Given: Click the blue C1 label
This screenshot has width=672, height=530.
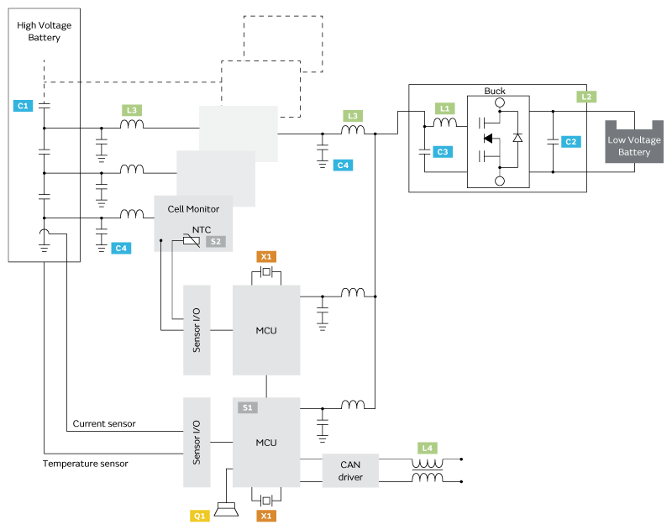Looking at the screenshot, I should pyautogui.click(x=23, y=106).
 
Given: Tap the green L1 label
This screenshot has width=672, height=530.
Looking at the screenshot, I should pyautogui.click(x=445, y=108).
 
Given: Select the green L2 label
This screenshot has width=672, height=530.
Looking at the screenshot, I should pyautogui.click(x=586, y=97).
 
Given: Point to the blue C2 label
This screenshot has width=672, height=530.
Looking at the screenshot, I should pyautogui.click(x=570, y=141).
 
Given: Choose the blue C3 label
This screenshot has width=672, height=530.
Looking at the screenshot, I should pyautogui.click(x=443, y=152).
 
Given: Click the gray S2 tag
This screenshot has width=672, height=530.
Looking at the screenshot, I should pyautogui.click(x=216, y=241).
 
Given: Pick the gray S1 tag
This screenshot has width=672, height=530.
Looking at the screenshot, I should pyautogui.click(x=247, y=407).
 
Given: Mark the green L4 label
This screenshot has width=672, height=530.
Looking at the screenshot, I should pyautogui.click(x=427, y=448).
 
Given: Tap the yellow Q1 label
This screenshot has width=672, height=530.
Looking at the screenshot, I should pyautogui.click(x=200, y=516).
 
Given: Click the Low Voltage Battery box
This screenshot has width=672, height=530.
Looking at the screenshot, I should pyautogui.click(x=634, y=145).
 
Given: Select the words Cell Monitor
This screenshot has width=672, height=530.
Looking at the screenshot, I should pyautogui.click(x=193, y=209).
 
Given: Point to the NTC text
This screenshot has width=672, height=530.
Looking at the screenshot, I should pyautogui.click(x=202, y=229).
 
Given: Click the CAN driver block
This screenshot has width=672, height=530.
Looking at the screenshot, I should pyautogui.click(x=350, y=470).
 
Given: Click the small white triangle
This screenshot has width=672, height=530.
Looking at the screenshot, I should pyautogui.click(x=517, y=138).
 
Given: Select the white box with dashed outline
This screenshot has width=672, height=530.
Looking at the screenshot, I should pyautogui.click(x=260, y=88).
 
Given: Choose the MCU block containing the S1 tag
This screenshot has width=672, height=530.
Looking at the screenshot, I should pyautogui.click(x=266, y=443).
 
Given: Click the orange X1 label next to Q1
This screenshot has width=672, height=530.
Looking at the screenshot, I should pyautogui.click(x=266, y=516).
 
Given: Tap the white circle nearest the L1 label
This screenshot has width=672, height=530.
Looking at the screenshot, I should pyautogui.click(x=500, y=102).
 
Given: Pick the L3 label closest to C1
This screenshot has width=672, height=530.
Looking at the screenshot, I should pyautogui.click(x=131, y=110).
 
